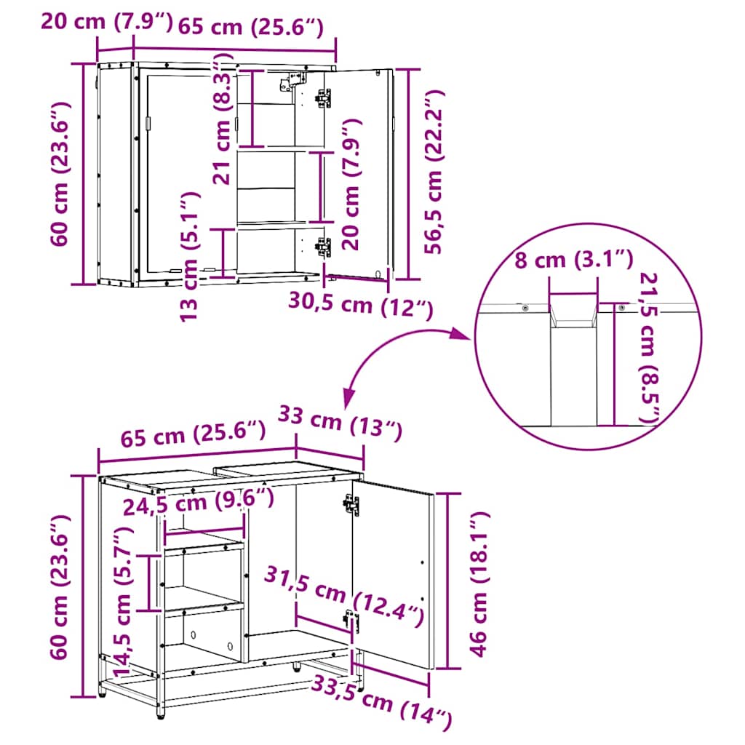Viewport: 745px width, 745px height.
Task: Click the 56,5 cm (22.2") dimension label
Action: pos(434,172)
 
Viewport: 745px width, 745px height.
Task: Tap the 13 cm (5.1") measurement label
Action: pos(188,256)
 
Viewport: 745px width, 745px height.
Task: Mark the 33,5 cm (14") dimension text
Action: pos(381,700)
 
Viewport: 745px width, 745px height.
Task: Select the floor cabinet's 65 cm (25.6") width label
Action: pos(192,438)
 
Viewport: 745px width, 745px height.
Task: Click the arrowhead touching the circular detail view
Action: pos(461,333)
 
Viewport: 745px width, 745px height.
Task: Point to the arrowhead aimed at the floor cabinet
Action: pos(349,397)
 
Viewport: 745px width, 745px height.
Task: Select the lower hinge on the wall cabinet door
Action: pos(322,247)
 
